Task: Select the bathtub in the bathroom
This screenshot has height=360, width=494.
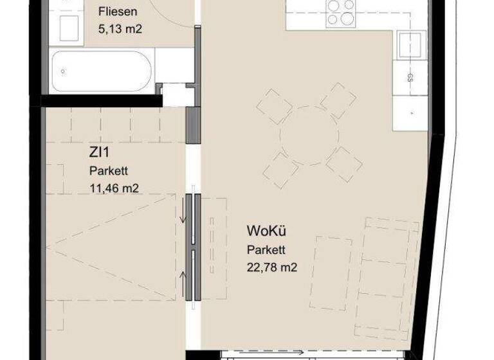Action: pos(102,71)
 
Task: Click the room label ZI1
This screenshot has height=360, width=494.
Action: pos(99,154)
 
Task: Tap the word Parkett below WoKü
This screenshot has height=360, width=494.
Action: pos(266,250)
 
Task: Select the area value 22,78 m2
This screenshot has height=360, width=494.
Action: pos(272,268)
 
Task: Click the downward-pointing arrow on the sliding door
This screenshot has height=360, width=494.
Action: pos(185,216)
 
